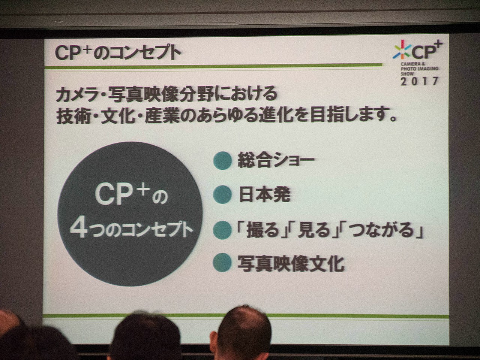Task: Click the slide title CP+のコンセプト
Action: tap(118, 53)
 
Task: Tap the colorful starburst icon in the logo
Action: tap(402, 49)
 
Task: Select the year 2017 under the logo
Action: tap(419, 81)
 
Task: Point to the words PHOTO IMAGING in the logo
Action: tap(419, 69)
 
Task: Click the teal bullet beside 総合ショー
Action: tap(222, 161)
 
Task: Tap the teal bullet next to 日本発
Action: tap(222, 195)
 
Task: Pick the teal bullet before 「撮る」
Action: tap(222, 230)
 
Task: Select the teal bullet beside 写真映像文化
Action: tap(222, 262)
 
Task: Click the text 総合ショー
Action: tap(276, 161)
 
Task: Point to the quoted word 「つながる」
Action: tap(382, 230)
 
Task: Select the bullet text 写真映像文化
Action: tap(291, 263)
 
